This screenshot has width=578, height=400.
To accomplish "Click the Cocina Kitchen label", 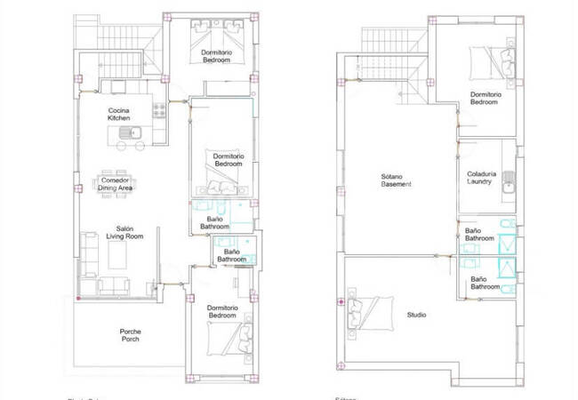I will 119,114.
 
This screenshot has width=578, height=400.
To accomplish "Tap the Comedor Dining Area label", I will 116,184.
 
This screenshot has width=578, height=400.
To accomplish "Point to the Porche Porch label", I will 130,335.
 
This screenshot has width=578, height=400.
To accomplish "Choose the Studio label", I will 415,315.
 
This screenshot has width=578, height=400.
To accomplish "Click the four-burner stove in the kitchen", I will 161,112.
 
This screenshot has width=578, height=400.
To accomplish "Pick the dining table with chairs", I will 116,184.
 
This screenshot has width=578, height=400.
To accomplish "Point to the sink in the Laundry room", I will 508,187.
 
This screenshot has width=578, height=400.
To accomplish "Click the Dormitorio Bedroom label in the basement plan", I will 483,98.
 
